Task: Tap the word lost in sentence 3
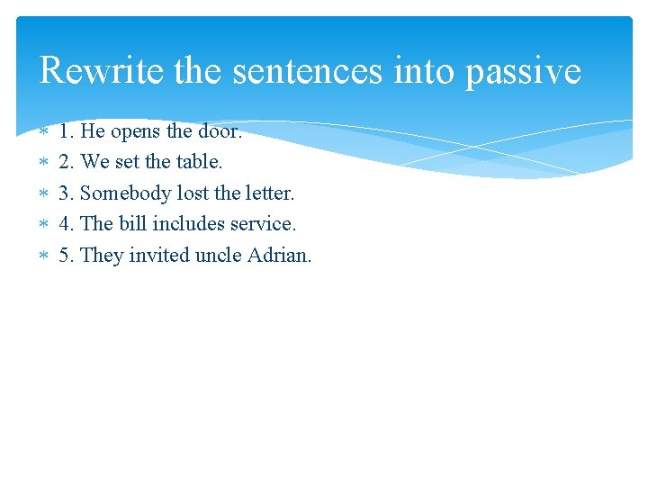[187, 193]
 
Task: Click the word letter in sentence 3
[268, 193]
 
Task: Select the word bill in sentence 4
[132, 223]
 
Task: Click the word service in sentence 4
[262, 223]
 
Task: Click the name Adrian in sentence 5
[279, 255]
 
